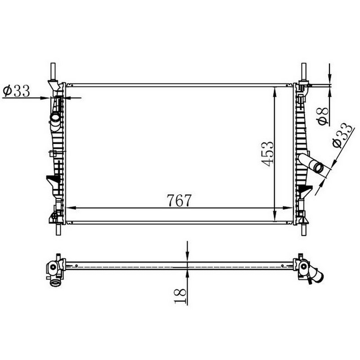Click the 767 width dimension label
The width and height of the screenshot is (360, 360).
pyautogui.click(x=179, y=200)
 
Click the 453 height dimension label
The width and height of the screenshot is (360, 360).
pyautogui.click(x=268, y=154)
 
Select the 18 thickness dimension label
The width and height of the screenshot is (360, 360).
pyautogui.click(x=180, y=296)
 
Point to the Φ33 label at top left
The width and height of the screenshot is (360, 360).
pyautogui.click(x=16, y=91)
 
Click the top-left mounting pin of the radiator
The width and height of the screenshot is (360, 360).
pyautogui.click(x=53, y=71)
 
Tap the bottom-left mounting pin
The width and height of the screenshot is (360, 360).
pyautogui.click(x=58, y=229)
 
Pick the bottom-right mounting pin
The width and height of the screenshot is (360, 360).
pyautogui.click(x=304, y=229)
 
